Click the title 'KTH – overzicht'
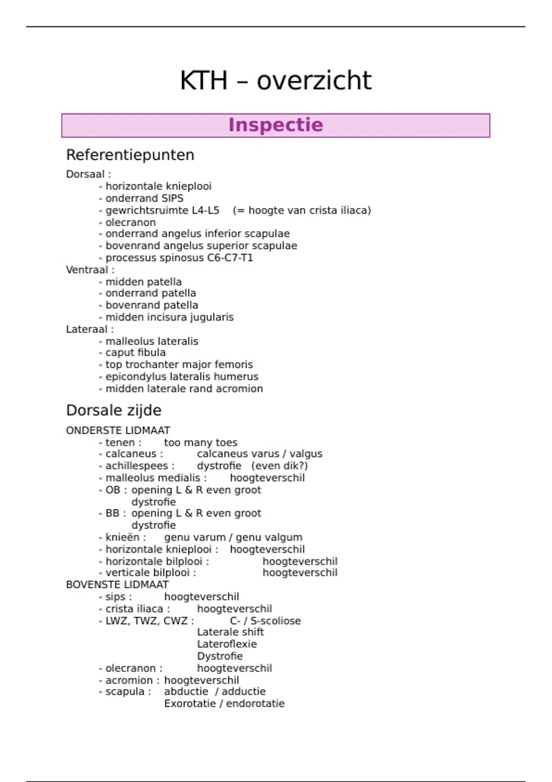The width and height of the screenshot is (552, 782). (276, 80)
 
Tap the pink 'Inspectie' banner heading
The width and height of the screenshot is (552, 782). (276, 125)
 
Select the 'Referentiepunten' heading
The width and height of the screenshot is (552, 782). (130, 155)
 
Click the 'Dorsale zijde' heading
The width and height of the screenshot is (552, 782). (114, 410)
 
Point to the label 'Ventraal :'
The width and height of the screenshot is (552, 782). (90, 270)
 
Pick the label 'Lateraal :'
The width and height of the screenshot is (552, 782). (90, 329)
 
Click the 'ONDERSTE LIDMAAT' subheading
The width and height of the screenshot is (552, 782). (118, 431)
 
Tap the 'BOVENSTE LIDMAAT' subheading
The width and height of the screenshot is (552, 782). (117, 585)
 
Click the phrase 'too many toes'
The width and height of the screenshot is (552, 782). (201, 443)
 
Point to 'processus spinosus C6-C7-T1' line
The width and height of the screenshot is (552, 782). (179, 258)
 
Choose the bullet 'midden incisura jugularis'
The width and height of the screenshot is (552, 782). (169, 317)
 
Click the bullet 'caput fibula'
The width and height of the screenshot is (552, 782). (135, 353)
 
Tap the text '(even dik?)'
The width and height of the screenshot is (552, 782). (279, 466)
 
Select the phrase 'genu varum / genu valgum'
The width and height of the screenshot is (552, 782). (233, 537)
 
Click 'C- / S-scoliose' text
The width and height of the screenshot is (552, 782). (265, 621)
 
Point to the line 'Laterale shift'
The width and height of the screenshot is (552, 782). (230, 632)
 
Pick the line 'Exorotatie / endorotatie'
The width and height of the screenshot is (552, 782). (224, 704)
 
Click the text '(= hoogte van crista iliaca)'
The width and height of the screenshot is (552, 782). (302, 211)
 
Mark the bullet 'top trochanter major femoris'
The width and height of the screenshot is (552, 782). (179, 365)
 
